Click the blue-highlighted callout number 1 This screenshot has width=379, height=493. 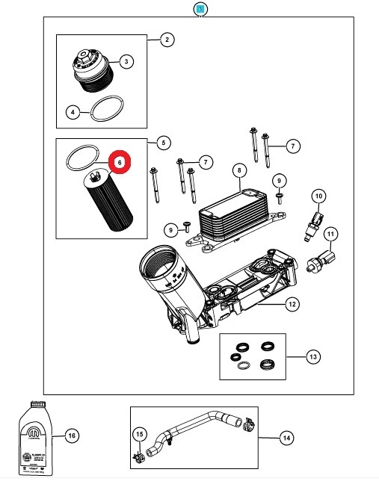pyautogui.click(x=199, y=9)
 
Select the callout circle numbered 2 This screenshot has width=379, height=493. pyautogui.click(x=166, y=40)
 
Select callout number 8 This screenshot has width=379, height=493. pyautogui.click(x=240, y=171)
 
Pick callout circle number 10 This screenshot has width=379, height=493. pyautogui.click(x=318, y=196)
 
